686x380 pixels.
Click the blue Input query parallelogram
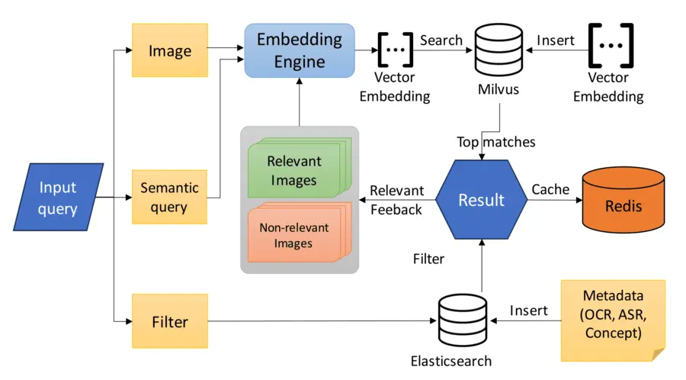[58, 197]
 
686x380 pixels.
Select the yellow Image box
[170, 50]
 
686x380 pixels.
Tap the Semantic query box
[170, 197]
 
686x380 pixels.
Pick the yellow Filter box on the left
[170, 321]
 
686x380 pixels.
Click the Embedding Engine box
[300, 50]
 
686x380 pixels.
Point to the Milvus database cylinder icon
[498, 50]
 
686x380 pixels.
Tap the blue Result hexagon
[481, 200]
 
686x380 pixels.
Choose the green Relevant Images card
[294, 170]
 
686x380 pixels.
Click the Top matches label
[496, 142]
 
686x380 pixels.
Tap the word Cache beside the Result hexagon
[550, 188]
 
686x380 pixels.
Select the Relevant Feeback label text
[396, 199]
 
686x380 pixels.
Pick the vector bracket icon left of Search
[395, 50]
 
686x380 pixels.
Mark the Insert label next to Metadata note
[528, 310]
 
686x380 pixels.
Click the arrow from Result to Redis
[552, 200]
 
